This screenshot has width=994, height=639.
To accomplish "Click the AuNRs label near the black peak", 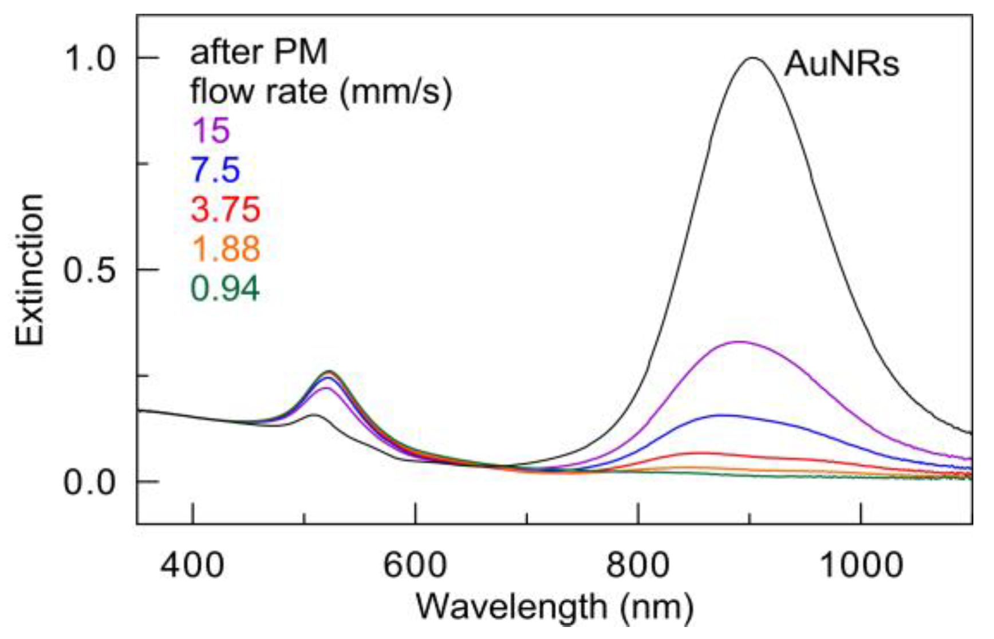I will pos(841,63).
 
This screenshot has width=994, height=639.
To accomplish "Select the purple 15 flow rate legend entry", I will pos(211,130).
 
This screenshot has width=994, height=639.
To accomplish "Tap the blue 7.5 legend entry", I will pos(215,170).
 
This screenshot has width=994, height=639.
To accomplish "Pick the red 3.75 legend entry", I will pos(225,209).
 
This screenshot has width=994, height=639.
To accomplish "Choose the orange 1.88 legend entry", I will pos(226,248).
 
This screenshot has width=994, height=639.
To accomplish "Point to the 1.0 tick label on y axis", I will pos(89,58).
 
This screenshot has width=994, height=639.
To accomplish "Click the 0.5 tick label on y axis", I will pos(89,270).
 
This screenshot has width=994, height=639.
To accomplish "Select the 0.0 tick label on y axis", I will pos(89,482).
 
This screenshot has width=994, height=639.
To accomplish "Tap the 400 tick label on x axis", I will pos(192,565).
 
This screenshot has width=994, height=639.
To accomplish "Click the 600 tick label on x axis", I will pos(415,565).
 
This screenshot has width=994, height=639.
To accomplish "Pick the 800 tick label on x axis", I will pos(637,565).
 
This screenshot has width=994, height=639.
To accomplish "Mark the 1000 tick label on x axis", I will pos(861,565).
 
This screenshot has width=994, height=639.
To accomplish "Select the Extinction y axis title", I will pos(30,270).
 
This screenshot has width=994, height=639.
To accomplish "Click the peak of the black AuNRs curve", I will pos(754,58).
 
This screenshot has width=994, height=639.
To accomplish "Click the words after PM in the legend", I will pos(258,53).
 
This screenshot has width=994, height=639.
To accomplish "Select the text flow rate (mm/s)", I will pos(321,92).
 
